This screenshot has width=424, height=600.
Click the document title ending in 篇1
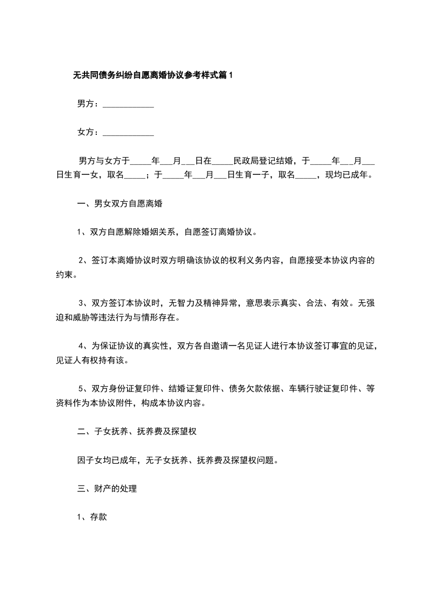tap(153, 75)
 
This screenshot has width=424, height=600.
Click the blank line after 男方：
tap(128, 104)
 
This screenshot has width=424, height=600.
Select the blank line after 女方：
tap(128, 132)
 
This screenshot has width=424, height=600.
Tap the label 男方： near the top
tap(88, 104)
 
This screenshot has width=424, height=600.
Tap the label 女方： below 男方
tap(88, 132)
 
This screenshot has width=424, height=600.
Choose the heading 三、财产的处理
tap(107, 488)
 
